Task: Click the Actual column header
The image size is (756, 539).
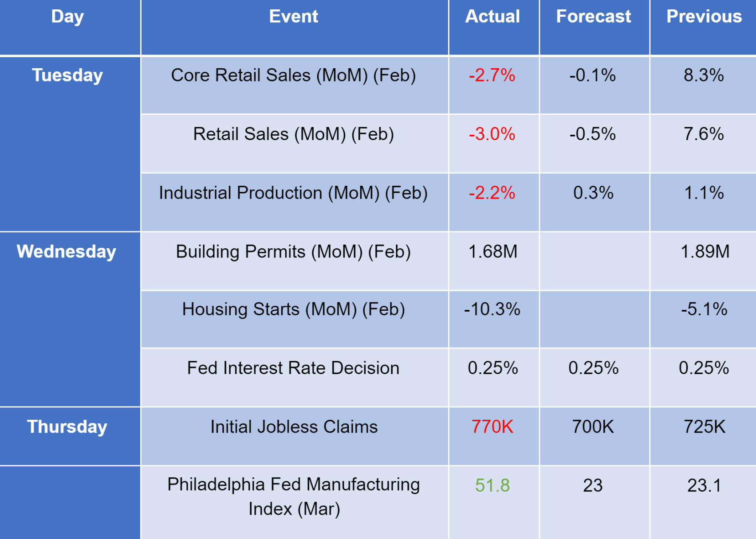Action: click(x=492, y=17)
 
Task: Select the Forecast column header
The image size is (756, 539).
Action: click(x=594, y=17)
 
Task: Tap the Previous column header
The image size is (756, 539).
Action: click(x=704, y=17)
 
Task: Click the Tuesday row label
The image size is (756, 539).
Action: click(x=67, y=75)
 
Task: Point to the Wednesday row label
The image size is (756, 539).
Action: click(x=67, y=252)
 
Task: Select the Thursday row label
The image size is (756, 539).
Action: click(x=67, y=427)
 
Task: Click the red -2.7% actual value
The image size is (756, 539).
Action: click(x=492, y=75)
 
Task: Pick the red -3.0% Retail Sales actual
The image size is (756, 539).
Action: click(x=492, y=134)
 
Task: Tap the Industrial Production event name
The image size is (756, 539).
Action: click(x=293, y=193)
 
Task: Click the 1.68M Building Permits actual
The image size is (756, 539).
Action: click(x=493, y=252)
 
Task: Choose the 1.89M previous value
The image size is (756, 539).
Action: click(x=705, y=252)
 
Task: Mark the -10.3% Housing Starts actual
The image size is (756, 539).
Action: click(x=492, y=309)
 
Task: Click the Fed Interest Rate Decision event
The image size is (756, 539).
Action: click(x=293, y=368)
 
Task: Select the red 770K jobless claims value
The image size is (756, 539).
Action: click(x=492, y=427)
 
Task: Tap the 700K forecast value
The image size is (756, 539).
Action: click(x=593, y=427)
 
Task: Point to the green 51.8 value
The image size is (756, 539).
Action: click(x=492, y=485)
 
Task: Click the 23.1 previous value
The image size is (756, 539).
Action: click(x=704, y=485)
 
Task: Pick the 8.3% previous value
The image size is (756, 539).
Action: click(x=704, y=75)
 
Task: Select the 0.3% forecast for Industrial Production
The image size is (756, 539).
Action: click(x=593, y=193)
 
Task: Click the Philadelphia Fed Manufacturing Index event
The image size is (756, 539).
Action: click(x=293, y=496)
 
